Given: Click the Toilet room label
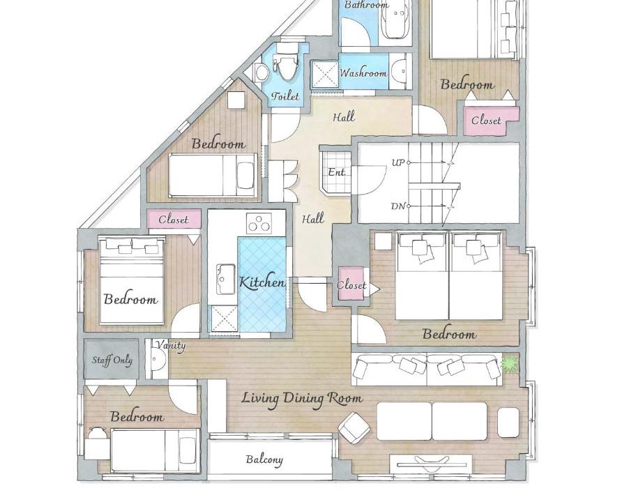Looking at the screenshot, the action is point(285,96).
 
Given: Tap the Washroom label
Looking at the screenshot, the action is point(363,73).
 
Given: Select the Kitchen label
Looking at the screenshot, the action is point(263,282).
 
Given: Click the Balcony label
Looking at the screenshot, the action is point(264,459).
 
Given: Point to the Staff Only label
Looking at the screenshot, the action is point(112,360).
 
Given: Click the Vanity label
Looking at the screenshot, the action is point(171,346).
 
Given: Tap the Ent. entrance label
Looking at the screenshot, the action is point(337,172).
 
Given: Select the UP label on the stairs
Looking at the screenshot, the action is point(398,162).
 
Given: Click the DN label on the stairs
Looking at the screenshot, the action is point(398,206).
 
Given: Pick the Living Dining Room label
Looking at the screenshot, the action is point(302,399).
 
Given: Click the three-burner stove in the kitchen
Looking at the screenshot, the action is point(259,223).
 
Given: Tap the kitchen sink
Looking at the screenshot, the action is point(226,279).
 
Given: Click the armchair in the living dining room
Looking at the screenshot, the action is point(354,428).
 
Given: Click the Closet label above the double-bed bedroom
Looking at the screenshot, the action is point(174,220).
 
